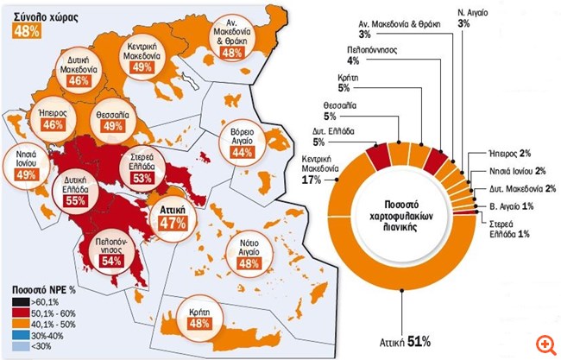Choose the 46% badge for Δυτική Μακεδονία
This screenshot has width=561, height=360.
click(x=79, y=79)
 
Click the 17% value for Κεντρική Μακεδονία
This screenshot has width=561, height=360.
click(x=310, y=181)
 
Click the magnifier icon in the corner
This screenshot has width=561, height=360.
click(x=545, y=344)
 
